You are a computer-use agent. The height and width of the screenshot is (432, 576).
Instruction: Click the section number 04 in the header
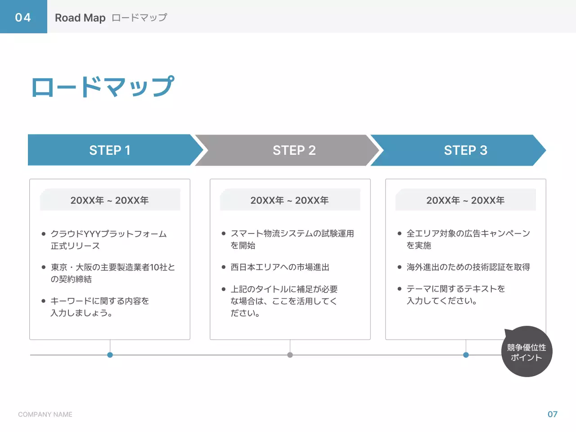pos(23,17)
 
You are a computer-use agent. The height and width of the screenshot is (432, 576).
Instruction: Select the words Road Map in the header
pos(80,18)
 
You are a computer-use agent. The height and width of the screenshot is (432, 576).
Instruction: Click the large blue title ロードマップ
pos(103,87)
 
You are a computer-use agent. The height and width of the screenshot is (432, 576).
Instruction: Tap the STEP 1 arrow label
pos(110,150)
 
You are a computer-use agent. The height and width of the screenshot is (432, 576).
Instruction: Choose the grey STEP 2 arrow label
pos(294,150)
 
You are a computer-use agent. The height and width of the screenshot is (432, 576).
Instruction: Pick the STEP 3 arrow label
pos(465,150)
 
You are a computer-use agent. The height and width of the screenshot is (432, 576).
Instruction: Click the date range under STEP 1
pos(110,200)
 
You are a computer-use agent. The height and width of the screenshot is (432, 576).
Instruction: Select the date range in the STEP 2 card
pos(290,200)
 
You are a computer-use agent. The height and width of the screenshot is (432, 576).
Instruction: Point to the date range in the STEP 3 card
pos(465,200)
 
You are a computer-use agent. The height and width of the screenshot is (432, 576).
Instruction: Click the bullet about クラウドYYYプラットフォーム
pos(108,240)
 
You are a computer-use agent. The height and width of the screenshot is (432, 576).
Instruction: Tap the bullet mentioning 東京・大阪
pos(112,273)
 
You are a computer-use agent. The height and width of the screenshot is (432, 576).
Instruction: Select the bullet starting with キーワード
pos(99,306)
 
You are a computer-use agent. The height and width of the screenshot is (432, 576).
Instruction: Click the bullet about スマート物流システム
pos(292,239)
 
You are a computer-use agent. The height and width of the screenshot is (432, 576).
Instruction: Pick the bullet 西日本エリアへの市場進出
pos(280,267)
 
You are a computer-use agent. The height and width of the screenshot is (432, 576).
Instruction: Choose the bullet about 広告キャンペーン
pos(468,239)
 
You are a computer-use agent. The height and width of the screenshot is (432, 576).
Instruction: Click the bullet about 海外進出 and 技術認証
pos(468,267)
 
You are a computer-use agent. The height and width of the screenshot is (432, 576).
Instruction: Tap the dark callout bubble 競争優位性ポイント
pos(526,352)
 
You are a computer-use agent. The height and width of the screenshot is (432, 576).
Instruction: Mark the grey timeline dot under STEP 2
pos(290,355)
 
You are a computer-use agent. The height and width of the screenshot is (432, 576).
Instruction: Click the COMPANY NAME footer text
pos(45,414)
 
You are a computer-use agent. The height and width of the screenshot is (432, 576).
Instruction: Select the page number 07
pos(552,414)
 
